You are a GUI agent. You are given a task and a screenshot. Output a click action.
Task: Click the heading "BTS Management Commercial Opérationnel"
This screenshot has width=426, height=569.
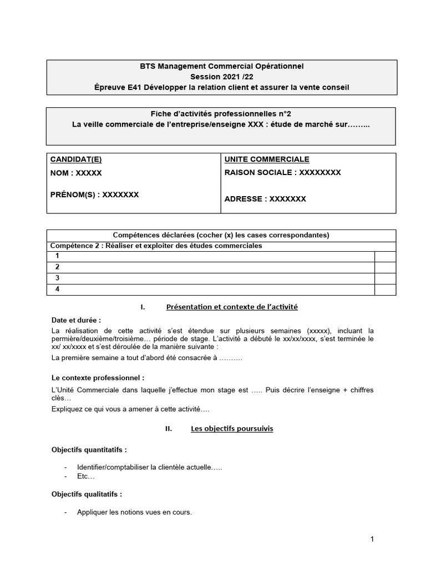point(221,66)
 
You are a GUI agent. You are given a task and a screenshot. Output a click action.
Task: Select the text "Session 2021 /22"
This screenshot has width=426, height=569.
point(221,77)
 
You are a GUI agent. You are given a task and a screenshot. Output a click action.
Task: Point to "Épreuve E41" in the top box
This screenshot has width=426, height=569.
point(115,87)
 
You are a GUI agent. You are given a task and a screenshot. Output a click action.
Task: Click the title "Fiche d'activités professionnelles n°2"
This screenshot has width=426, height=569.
point(221,113)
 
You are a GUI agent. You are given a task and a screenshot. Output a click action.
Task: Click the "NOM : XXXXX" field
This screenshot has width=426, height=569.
point(76,173)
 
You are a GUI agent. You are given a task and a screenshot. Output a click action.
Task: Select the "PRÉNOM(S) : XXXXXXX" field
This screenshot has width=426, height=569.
point(94,194)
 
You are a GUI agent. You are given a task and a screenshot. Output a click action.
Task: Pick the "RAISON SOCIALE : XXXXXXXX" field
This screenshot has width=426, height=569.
point(282,172)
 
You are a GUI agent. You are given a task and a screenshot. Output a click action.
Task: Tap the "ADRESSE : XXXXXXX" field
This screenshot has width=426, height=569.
point(265,198)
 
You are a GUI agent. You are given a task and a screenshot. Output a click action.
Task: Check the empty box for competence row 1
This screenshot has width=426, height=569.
point(386,256)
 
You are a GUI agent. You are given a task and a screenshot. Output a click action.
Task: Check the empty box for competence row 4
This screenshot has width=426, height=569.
point(386,290)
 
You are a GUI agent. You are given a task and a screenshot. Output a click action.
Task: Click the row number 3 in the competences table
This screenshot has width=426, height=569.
point(57,278)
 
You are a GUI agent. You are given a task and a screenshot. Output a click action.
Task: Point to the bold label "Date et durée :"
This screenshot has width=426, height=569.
point(76,320)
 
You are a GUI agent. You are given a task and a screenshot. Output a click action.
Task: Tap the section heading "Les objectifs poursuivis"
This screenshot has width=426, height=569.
point(231,429)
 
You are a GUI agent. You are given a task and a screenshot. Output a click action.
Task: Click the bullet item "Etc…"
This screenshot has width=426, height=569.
point(86,477)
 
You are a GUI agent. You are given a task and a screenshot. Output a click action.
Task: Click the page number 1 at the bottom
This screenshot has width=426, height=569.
point(372,538)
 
